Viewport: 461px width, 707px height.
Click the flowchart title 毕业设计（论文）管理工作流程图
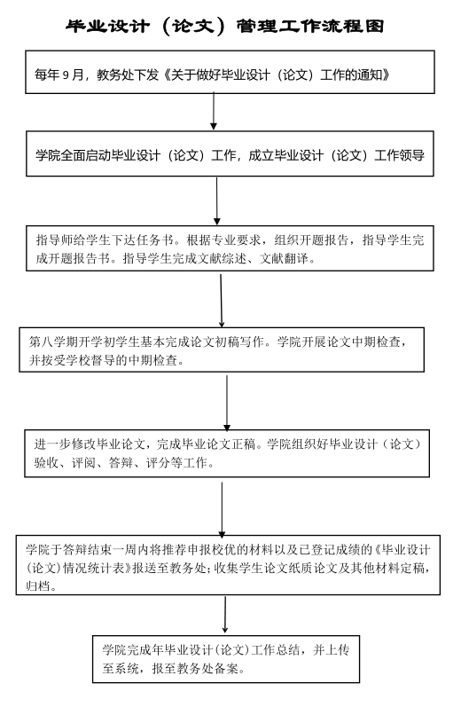coord(225,26)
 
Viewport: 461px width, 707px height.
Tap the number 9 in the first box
coord(66,75)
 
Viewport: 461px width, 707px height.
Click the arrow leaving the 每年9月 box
coord(214,112)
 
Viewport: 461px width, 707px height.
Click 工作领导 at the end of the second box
coord(399,155)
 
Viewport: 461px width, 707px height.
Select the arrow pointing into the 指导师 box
coord(216,200)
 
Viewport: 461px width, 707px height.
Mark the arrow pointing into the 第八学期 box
coord(222,301)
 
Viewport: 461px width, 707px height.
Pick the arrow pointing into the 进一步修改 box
coord(227,403)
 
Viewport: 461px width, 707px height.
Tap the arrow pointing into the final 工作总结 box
coord(225,615)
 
